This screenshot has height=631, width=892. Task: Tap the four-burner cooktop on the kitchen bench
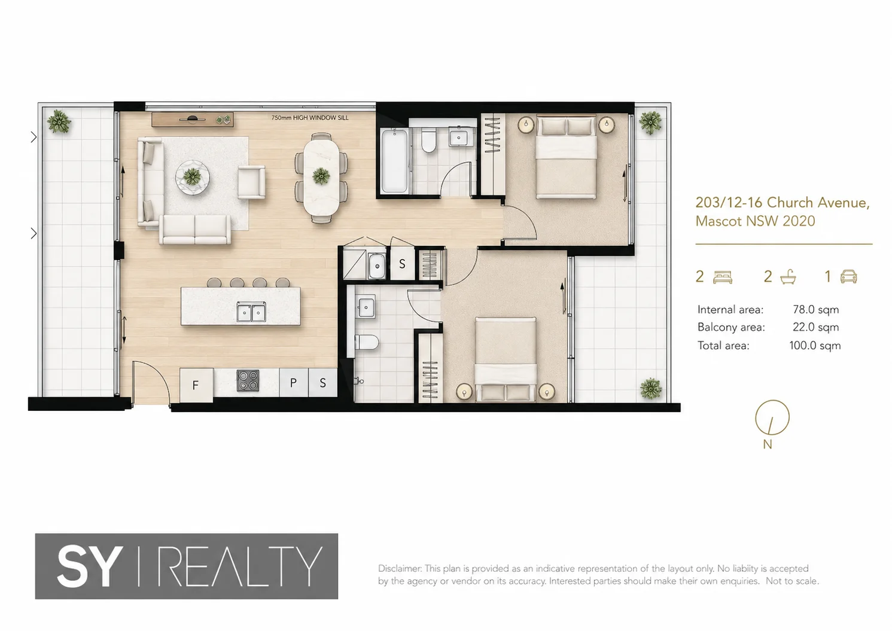click(248, 380)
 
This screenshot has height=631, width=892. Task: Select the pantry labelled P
click(294, 383)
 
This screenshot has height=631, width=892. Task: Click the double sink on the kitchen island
click(251, 312)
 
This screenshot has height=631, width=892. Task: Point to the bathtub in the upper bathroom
click(394, 161)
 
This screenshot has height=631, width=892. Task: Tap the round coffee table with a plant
click(193, 177)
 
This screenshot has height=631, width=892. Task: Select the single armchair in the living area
click(252, 182)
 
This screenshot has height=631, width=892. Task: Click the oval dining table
click(321, 178)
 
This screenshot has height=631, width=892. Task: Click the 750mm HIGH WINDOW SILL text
click(310, 118)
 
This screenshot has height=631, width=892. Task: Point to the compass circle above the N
click(772, 417)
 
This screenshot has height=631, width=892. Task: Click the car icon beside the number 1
click(848, 276)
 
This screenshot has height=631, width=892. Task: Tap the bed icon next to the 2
click(723, 277)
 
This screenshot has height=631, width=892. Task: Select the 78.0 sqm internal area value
click(815, 309)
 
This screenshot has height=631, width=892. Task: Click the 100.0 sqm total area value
click(815, 345)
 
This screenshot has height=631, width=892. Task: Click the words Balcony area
click(731, 327)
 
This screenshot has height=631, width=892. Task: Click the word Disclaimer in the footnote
click(400, 568)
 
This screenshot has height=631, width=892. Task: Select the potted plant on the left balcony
click(59, 121)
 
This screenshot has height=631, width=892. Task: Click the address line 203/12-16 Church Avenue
click(783, 203)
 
